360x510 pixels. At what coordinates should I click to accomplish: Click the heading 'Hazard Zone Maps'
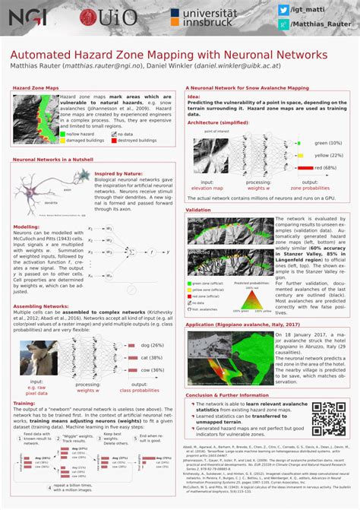pos(36,87)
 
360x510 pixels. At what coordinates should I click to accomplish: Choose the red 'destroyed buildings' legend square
pos(112,141)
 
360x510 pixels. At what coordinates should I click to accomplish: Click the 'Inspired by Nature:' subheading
pos(118,173)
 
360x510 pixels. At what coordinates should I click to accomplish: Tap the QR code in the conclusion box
pos(328,418)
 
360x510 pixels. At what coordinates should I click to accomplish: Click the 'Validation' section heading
pos(198,209)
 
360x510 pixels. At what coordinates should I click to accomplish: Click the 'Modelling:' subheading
pos(27,226)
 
